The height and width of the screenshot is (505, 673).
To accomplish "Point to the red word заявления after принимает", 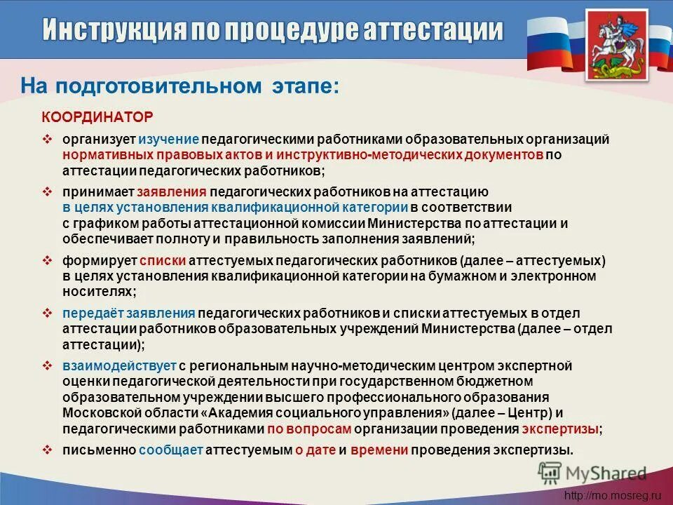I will point(172,191).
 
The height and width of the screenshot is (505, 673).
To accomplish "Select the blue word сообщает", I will point(167,450).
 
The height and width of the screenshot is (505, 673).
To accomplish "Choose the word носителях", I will point(97,290).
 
